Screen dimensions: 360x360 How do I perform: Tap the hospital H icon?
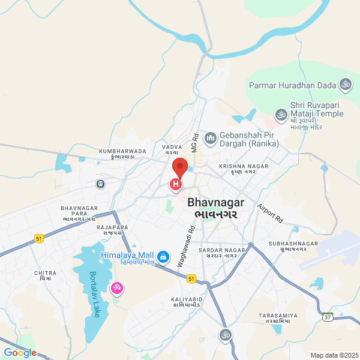(x=176, y=184)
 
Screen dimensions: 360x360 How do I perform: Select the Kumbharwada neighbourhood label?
(x=119, y=151)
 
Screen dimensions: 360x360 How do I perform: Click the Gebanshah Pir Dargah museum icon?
(x=210, y=139)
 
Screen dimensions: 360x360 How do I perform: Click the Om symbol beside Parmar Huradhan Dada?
(x=344, y=85)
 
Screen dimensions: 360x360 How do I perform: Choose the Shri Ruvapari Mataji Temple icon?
(x=280, y=113)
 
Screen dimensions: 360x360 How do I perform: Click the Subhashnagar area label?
(x=293, y=243)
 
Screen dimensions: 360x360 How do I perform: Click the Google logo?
(x=20, y=353)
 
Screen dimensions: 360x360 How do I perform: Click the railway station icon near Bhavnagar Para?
(x=100, y=184)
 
